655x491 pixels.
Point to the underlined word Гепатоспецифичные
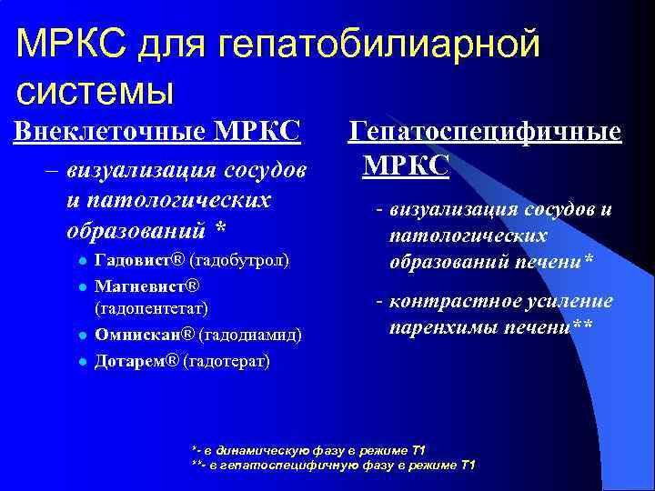pyautogui.click(x=486, y=132)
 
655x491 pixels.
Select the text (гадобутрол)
pyautogui.click(x=237, y=262)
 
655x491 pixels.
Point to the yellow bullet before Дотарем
pyautogui.click(x=81, y=361)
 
